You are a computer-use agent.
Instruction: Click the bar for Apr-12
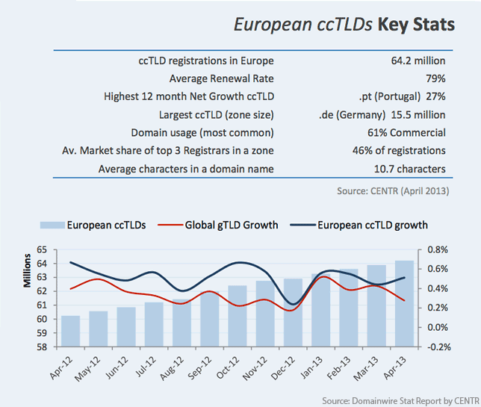[x=70, y=332]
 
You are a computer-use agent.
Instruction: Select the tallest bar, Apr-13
[x=404, y=304]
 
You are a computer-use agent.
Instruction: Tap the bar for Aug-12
[x=182, y=323]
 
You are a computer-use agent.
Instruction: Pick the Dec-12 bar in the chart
[x=293, y=313]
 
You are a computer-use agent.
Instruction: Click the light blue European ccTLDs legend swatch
[x=52, y=225]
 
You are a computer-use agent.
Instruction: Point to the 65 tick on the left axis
[x=42, y=249]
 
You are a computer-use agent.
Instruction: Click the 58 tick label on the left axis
[x=42, y=347]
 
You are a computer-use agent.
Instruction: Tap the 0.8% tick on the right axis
[x=438, y=249]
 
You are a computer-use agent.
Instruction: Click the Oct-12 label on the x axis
[x=228, y=368]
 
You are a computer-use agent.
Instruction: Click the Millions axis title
[x=28, y=270]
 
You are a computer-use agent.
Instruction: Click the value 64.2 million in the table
[x=418, y=60]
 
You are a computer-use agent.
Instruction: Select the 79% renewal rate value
[x=435, y=78]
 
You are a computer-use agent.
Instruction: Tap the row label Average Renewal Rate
[x=222, y=78]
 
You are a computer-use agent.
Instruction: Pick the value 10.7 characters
[x=410, y=169]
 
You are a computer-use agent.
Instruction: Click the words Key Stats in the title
[x=416, y=25]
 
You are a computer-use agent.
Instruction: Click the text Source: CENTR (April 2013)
[x=393, y=191]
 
